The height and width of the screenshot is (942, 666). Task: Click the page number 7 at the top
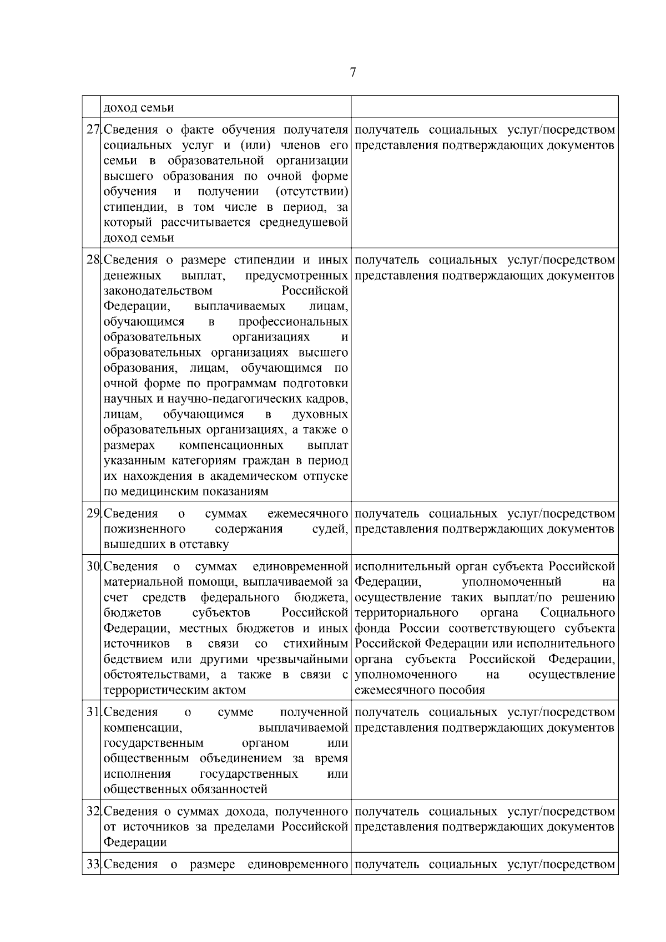[353, 73]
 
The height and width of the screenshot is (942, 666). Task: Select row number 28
[93, 260]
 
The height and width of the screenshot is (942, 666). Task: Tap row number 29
[93, 514]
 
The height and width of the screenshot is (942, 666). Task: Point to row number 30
[93, 566]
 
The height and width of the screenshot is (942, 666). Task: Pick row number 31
[93, 712]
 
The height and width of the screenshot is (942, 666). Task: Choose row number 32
[93, 812]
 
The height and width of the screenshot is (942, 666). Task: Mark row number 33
[93, 864]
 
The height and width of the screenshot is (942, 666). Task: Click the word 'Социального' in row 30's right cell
[577, 613]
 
